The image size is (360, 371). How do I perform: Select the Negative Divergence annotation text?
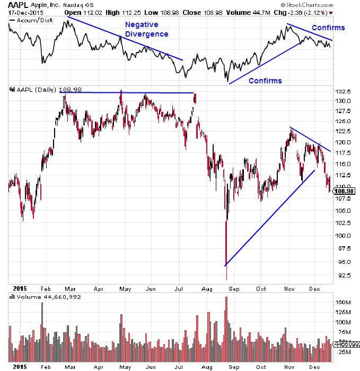(x=147, y=29)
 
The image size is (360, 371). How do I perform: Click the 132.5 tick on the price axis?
(x=343, y=92)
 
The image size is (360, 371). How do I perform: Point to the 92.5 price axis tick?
(x=343, y=275)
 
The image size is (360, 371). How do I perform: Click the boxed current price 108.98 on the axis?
(x=345, y=191)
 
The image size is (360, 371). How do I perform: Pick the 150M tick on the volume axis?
(x=344, y=302)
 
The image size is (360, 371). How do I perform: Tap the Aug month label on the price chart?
(x=207, y=289)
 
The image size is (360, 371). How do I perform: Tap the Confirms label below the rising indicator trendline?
(x=265, y=81)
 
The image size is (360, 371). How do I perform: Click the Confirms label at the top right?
(x=328, y=28)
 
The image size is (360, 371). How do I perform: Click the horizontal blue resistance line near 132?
(x=127, y=93)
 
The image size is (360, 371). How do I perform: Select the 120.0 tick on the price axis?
(x=343, y=142)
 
